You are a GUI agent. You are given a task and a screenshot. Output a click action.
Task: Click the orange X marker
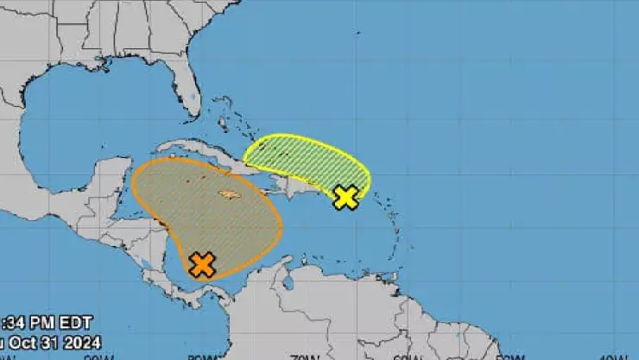pyautogui.click(x=201, y=264)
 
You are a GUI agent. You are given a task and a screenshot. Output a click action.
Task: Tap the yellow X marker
pyautogui.click(x=345, y=198)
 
